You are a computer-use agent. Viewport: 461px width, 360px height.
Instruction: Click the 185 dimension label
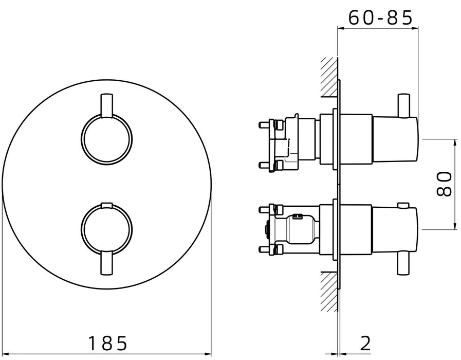107,343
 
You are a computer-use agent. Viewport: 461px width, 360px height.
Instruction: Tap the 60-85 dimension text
381,18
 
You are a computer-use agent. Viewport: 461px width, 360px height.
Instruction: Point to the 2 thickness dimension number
365,343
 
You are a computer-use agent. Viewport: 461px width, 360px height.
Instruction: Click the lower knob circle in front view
81,229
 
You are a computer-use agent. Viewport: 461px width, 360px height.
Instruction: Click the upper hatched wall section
329,77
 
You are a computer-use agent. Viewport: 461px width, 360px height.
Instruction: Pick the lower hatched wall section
329,291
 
